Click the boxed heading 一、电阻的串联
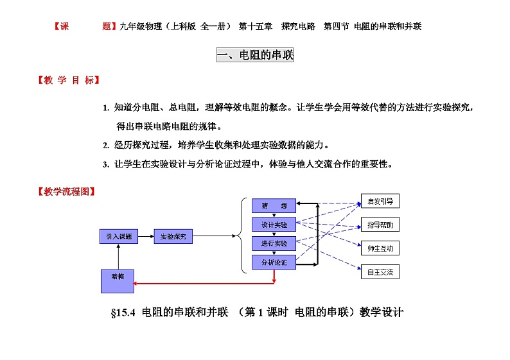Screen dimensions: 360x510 pyautogui.click(x=255, y=56)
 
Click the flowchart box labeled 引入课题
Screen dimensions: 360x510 pyautogui.click(x=119, y=237)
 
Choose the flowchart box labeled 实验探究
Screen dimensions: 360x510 pyautogui.click(x=173, y=237)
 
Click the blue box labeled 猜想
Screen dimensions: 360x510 pyautogui.click(x=274, y=205)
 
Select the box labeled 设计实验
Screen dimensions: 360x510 pyautogui.click(x=274, y=225)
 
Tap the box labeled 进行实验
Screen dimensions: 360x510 pyautogui.click(x=274, y=244)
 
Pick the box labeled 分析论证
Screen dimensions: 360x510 pyautogui.click(x=274, y=262)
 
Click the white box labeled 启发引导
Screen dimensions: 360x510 pyautogui.click(x=380, y=201)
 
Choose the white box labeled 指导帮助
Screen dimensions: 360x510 pyautogui.click(x=380, y=225)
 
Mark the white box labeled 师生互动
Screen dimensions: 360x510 pyautogui.click(x=380, y=248)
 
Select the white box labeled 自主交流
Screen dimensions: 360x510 pyautogui.click(x=380, y=272)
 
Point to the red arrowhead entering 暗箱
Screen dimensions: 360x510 pyautogui.click(x=138, y=282)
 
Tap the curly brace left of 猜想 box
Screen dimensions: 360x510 pyautogui.click(x=242, y=235)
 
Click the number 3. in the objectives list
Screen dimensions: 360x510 pyautogui.click(x=106, y=164)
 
